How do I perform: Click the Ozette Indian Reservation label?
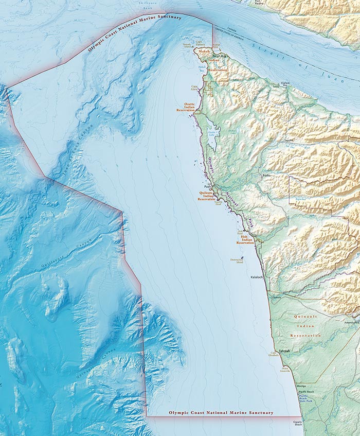click(x=186, y=107)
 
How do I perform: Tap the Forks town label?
click(x=266, y=176)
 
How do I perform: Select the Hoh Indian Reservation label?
click(x=247, y=239)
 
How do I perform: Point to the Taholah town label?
click(x=284, y=351)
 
